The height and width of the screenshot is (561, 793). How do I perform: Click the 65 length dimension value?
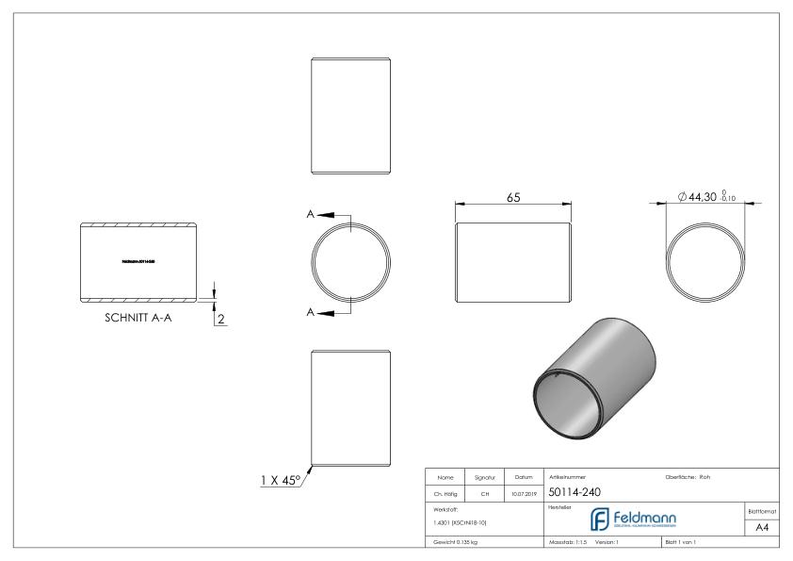click(514, 198)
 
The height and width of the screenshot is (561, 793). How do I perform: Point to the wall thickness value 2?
click(220, 319)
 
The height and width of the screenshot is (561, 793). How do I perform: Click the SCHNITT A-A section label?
click(138, 318)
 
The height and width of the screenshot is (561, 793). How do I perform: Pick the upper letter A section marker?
click(311, 214)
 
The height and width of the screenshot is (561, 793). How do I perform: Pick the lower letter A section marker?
click(311, 311)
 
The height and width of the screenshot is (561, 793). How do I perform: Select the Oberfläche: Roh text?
click(689, 476)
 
